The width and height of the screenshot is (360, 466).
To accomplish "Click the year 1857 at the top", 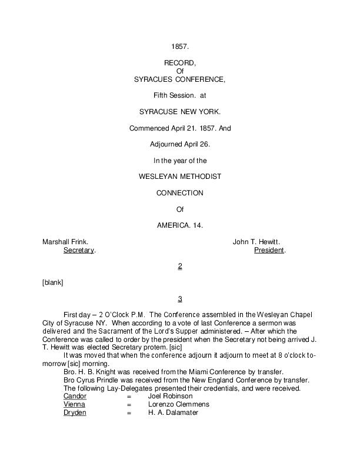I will pyautogui.click(x=179, y=46).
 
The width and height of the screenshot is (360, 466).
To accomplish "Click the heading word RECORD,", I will pyautogui.click(x=179, y=62).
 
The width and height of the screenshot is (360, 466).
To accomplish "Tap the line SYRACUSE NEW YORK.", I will pyautogui.click(x=179, y=111).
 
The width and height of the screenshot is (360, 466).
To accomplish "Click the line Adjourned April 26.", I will pyautogui.click(x=179, y=144).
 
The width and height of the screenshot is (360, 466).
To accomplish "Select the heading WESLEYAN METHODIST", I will pyautogui.click(x=179, y=176).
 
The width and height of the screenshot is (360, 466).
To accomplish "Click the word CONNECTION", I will pyautogui.click(x=179, y=192).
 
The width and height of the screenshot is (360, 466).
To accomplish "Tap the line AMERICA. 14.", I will pyautogui.click(x=179, y=225).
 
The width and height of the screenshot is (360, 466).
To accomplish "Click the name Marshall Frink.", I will pyautogui.click(x=65, y=242).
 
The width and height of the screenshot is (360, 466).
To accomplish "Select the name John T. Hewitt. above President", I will pyautogui.click(x=256, y=242).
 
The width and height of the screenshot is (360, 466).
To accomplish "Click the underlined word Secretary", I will pyautogui.click(x=79, y=250).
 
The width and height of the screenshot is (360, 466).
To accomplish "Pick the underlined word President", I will pyautogui.click(x=269, y=250).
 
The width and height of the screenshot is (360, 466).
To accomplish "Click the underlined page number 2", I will pyautogui.click(x=180, y=267).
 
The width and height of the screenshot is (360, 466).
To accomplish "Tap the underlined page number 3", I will pyautogui.click(x=180, y=299).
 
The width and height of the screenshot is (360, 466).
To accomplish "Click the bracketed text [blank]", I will pyautogui.click(x=52, y=282).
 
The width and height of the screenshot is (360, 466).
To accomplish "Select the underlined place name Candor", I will pyautogui.click(x=75, y=396).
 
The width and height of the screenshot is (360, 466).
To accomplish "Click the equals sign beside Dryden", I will pyautogui.click(x=128, y=412).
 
